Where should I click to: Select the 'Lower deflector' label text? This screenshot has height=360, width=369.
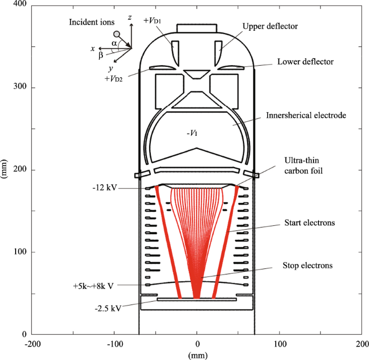(x=305, y=62)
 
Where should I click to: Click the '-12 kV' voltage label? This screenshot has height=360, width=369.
(x=103, y=189)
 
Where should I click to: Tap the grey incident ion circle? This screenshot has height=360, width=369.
(x=116, y=34)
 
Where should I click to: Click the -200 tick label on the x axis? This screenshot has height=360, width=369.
(x=32, y=344)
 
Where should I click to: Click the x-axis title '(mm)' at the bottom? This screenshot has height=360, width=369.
(x=197, y=355)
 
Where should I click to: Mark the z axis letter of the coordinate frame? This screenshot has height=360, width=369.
(x=130, y=18)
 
